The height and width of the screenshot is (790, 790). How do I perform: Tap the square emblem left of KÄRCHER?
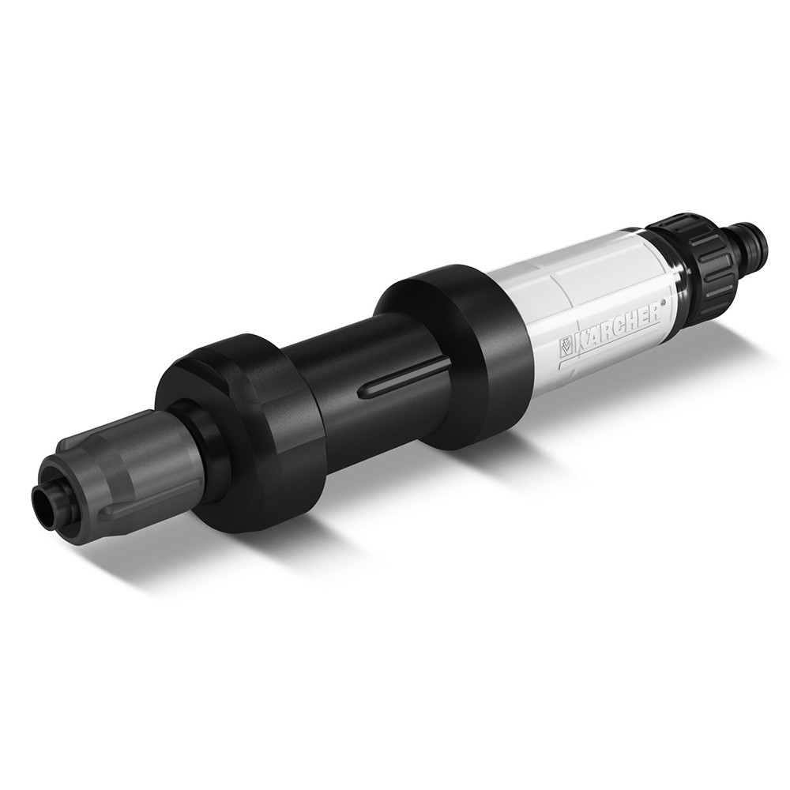(x=567, y=347)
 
